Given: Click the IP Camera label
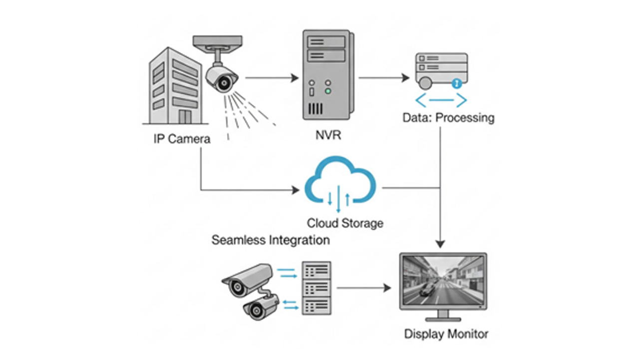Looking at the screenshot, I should [182, 138].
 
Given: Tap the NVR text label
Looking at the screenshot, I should [328, 135].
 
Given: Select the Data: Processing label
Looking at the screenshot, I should [448, 118].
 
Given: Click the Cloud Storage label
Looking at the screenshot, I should [345, 223].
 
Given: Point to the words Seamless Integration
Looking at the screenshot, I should [271, 240].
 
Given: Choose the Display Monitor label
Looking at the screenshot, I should [446, 334].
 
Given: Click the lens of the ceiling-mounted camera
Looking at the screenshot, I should [226, 80].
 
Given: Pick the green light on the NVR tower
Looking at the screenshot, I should [327, 92].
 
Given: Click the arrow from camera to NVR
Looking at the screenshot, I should [272, 78].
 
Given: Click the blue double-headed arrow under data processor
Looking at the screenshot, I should [441, 101].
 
